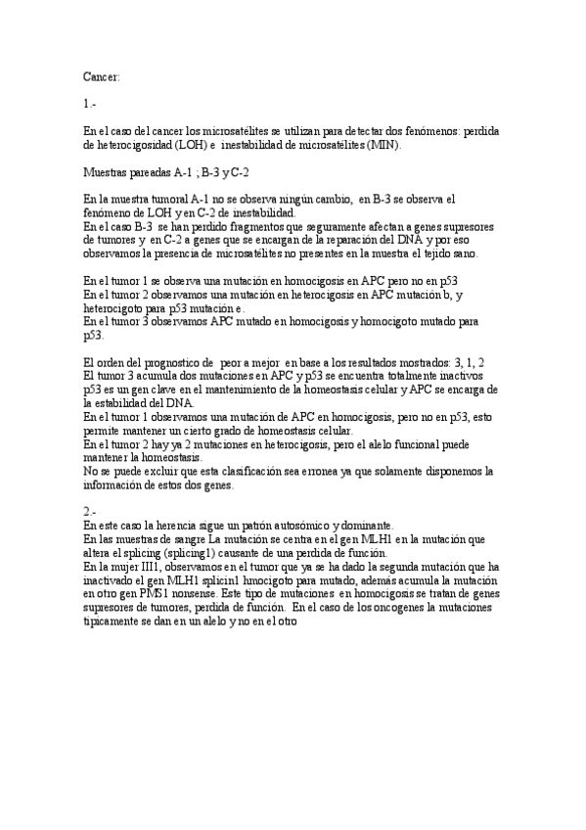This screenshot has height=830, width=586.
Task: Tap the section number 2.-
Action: pyautogui.click(x=90, y=511)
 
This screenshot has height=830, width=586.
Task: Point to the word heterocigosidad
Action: pyautogui.click(x=138, y=144)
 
